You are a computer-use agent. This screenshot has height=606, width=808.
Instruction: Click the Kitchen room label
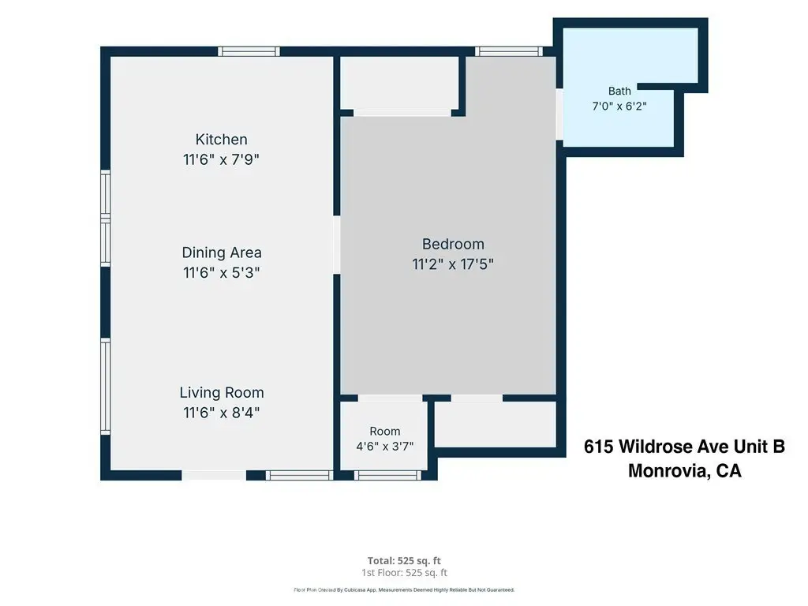coord(221,140)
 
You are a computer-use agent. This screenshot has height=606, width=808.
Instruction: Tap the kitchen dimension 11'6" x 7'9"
coord(221,159)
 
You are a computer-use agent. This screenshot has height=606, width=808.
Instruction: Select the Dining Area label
coord(222,252)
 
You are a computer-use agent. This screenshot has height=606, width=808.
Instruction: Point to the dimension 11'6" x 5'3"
coord(221,272)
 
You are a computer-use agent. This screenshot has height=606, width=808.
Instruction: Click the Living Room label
coord(222,393)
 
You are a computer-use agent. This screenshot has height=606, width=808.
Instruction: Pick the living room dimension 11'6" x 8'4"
coord(221,412)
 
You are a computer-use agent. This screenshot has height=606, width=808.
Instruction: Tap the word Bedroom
coord(453,245)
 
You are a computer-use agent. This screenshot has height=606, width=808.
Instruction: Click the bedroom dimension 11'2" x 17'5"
coord(453,264)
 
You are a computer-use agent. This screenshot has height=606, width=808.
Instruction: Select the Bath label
coord(619,92)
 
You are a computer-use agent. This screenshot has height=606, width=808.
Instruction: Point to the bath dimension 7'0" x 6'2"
coord(619,107)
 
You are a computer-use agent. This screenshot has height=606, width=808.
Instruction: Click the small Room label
coord(385,432)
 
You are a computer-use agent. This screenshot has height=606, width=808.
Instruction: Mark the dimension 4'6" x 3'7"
coord(385,447)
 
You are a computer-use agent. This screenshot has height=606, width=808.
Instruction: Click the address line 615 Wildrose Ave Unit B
coord(684,447)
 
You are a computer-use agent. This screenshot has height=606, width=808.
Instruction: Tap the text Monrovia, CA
coord(685,470)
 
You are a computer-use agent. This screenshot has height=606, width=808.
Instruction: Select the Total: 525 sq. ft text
coord(404,561)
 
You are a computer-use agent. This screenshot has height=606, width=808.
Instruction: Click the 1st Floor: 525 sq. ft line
coord(404,573)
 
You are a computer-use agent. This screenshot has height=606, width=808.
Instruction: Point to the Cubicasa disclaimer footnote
coord(404,590)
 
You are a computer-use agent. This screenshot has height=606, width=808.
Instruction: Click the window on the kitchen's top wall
coord(249,51)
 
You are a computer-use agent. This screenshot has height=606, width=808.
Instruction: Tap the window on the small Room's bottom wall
coord(387,475)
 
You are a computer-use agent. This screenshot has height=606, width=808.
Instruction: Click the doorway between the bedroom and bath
coord(559,114)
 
